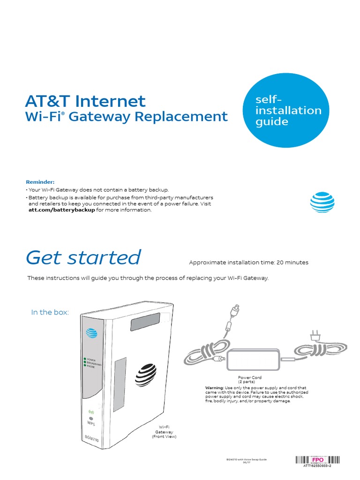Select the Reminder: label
pos(40,182)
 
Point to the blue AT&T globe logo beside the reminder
pos(322,201)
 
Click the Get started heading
pos(83,257)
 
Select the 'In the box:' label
pos(50,312)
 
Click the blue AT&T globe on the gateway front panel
pos(91,333)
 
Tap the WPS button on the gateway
pos(91,418)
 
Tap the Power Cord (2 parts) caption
pos(250,380)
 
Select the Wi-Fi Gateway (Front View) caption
pos(164,432)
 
